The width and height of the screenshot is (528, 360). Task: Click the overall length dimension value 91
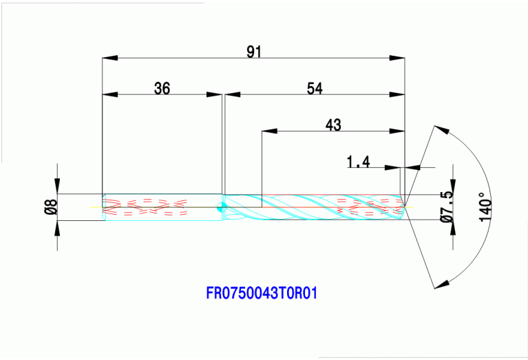point(254,52)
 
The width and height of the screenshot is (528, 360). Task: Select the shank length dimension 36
point(162,88)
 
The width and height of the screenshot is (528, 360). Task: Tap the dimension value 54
point(315,88)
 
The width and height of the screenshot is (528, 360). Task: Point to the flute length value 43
point(332,125)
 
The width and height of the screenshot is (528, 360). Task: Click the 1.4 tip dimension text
point(359,162)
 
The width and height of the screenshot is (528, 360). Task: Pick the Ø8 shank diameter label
point(50,207)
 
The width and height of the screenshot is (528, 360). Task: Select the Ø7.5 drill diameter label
point(446,206)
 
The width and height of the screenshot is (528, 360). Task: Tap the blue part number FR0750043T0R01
point(262,293)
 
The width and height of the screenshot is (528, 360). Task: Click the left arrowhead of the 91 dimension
point(107,58)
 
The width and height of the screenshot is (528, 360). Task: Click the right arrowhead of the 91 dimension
point(399,58)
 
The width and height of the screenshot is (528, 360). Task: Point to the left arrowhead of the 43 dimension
point(267,131)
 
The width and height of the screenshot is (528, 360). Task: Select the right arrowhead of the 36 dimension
point(218,94)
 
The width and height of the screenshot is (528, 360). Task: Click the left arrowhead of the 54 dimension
point(229,94)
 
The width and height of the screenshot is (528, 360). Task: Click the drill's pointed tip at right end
point(406,206)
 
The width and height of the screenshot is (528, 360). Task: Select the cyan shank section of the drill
point(162,207)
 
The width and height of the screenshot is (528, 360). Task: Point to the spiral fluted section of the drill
point(310,207)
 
